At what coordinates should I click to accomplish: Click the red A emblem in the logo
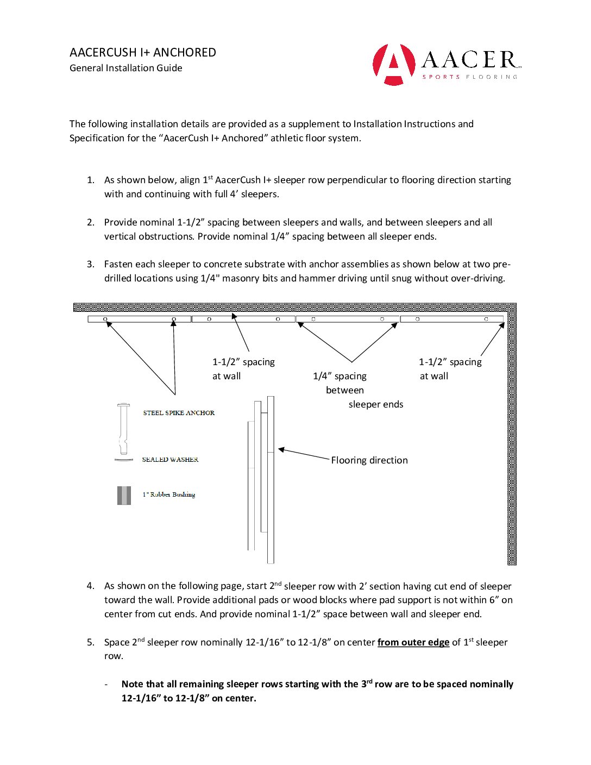click(x=393, y=65)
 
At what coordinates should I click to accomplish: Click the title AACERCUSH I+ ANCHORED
click(x=143, y=53)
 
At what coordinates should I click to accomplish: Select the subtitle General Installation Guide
click(x=126, y=68)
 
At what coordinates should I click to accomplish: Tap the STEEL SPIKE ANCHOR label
click(x=179, y=413)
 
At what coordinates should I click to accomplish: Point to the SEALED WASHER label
click(x=170, y=460)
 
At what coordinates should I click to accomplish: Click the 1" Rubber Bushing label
click(x=168, y=494)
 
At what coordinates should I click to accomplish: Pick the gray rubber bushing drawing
click(x=124, y=496)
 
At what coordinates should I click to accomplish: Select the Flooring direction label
click(x=369, y=460)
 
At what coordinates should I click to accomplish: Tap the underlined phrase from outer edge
click(x=413, y=642)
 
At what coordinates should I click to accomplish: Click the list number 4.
click(x=90, y=586)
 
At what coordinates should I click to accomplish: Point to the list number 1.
click(x=90, y=180)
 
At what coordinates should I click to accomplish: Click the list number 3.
click(x=90, y=264)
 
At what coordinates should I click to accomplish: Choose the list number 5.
click(x=90, y=642)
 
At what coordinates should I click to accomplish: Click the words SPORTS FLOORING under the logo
click(x=470, y=77)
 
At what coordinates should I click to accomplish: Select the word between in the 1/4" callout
click(x=345, y=390)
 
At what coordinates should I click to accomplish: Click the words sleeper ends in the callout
click(x=376, y=404)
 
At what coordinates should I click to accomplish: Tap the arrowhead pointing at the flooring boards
click(x=282, y=450)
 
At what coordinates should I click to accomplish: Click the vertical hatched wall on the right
click(x=512, y=435)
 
